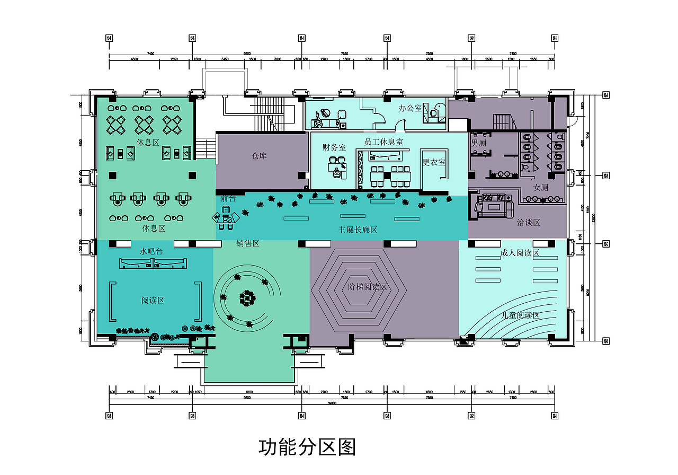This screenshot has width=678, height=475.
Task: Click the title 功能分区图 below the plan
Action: (x=307, y=447)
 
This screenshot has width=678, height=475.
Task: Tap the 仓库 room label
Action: (x=259, y=156)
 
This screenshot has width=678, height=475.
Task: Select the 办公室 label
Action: (x=410, y=108)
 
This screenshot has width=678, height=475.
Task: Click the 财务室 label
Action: (x=334, y=147)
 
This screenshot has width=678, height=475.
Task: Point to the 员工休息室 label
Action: (x=383, y=142)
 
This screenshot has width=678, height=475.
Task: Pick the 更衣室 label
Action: (x=434, y=162)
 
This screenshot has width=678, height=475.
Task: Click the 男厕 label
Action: (x=478, y=143)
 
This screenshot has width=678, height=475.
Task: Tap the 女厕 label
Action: (x=540, y=188)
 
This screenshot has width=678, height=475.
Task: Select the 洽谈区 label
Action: (x=528, y=223)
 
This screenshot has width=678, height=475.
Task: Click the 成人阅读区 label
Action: (x=519, y=253)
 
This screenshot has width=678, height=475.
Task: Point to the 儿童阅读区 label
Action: (x=520, y=315)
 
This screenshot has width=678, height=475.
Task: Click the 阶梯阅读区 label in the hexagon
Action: (x=368, y=287)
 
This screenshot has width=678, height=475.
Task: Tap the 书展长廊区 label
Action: (x=358, y=230)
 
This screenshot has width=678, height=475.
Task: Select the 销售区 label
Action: (x=247, y=243)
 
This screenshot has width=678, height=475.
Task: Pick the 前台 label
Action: (x=228, y=198)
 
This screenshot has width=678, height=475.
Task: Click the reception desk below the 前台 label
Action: (x=225, y=219)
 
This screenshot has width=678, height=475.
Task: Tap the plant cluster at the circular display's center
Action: (x=247, y=298)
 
